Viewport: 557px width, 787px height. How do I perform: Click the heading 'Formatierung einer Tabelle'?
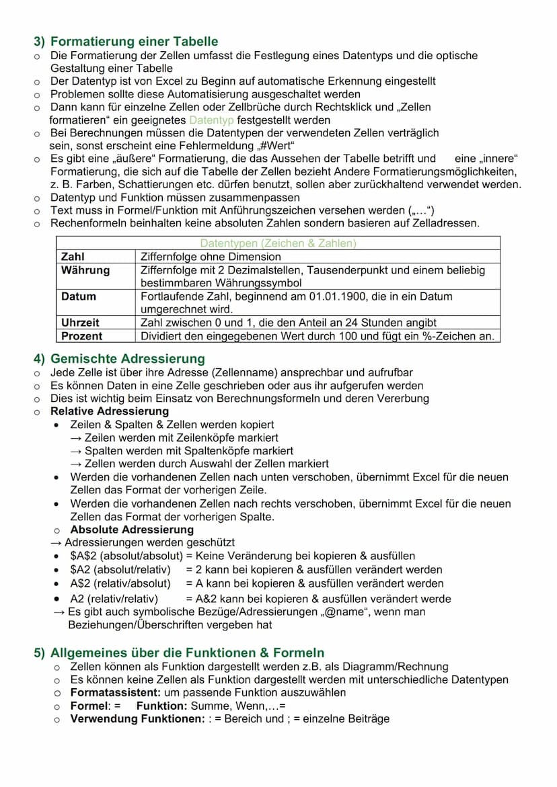[134, 41]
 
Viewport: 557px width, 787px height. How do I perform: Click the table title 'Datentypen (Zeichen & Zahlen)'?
[278, 243]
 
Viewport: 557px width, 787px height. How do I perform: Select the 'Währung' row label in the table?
[85, 270]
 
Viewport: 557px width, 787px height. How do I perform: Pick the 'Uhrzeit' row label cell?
[80, 323]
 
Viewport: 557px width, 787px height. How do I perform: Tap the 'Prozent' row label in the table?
[81, 336]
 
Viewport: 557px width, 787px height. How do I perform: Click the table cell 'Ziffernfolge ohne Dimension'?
[211, 257]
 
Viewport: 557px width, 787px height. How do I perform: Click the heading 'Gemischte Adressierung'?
[127, 358]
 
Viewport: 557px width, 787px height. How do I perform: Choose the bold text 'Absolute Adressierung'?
[122, 530]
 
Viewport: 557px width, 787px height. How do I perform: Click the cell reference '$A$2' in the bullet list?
[84, 556]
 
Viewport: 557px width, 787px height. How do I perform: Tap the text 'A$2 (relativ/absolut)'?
[120, 583]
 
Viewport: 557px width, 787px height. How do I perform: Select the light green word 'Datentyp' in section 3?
[212, 120]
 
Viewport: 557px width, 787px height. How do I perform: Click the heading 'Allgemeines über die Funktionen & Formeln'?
[187, 653]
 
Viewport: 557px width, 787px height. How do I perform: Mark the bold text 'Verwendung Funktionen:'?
[137, 718]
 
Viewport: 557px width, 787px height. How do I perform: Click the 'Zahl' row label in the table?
[73, 257]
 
